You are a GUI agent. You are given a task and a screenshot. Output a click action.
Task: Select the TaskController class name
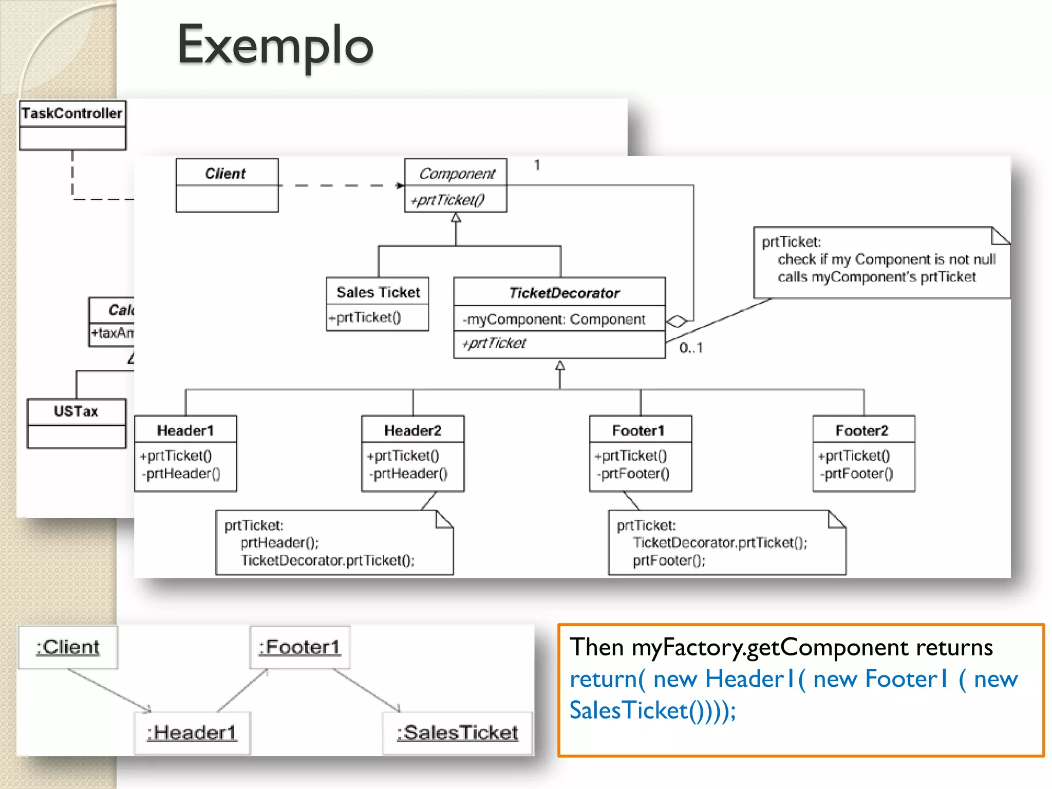click(x=72, y=113)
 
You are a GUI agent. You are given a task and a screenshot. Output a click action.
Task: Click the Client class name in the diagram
click(x=226, y=174)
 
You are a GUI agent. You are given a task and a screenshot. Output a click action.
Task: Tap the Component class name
click(x=457, y=174)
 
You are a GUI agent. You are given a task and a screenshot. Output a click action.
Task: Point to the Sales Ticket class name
click(x=378, y=292)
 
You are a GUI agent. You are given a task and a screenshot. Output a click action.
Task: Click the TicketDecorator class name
click(x=564, y=293)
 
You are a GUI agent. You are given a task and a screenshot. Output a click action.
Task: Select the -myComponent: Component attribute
click(x=553, y=320)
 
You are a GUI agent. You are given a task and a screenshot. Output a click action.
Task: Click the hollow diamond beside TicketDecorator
click(x=677, y=322)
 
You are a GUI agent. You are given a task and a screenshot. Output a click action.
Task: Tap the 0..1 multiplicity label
click(x=690, y=348)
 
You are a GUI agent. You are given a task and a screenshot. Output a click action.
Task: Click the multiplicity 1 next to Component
click(x=537, y=165)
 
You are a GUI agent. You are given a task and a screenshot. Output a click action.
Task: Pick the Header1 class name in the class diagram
click(x=185, y=430)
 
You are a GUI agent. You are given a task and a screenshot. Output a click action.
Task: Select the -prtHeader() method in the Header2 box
click(x=408, y=474)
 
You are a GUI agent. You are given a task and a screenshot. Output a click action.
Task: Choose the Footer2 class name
click(x=861, y=430)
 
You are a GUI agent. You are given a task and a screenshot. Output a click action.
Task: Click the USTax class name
click(x=76, y=411)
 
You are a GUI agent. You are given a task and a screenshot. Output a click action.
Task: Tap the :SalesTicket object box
click(x=458, y=732)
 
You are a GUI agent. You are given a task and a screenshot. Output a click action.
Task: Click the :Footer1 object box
click(x=300, y=647)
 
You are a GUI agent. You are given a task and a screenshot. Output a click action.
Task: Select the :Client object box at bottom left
click(x=68, y=647)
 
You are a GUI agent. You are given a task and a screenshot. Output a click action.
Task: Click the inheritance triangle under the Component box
click(x=456, y=218)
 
